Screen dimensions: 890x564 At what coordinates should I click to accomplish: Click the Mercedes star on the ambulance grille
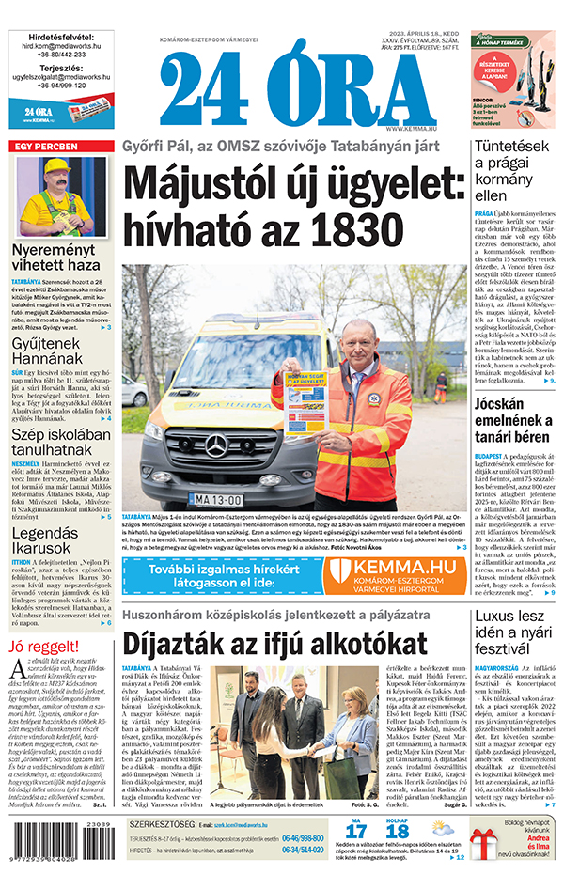click(x=216, y=446)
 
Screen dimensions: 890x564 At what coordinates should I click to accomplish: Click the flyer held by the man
click(x=305, y=399)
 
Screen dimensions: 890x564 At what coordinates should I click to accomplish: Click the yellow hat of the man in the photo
click(x=61, y=167)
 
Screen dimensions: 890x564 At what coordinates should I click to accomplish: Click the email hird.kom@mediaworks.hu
click(x=61, y=44)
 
